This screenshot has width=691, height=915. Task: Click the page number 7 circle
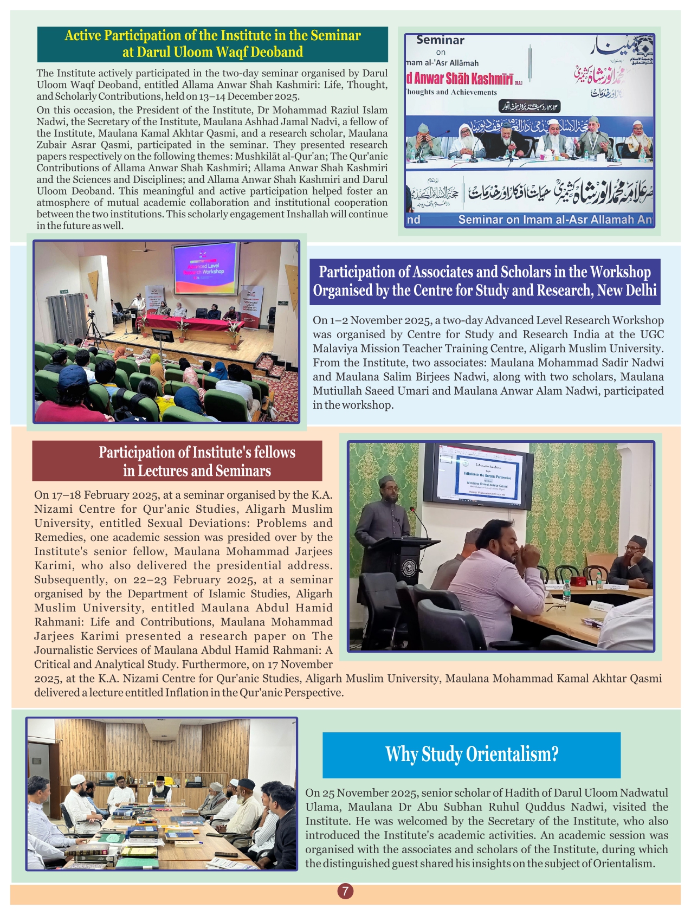(x=345, y=891)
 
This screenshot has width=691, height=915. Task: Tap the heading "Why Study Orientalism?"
(x=472, y=754)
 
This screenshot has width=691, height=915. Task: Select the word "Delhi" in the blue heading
(x=640, y=291)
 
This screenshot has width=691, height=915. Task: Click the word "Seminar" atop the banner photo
(x=440, y=40)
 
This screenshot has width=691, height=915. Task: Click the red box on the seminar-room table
(x=579, y=581)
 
